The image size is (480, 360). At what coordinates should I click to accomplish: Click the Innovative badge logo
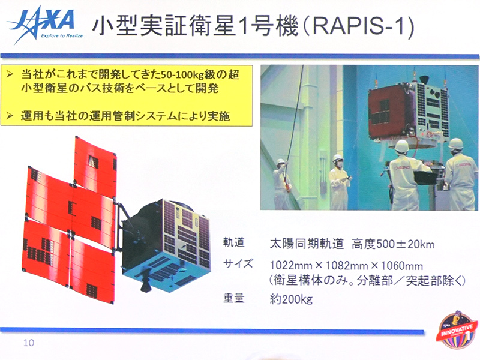click(x=458, y=332)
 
